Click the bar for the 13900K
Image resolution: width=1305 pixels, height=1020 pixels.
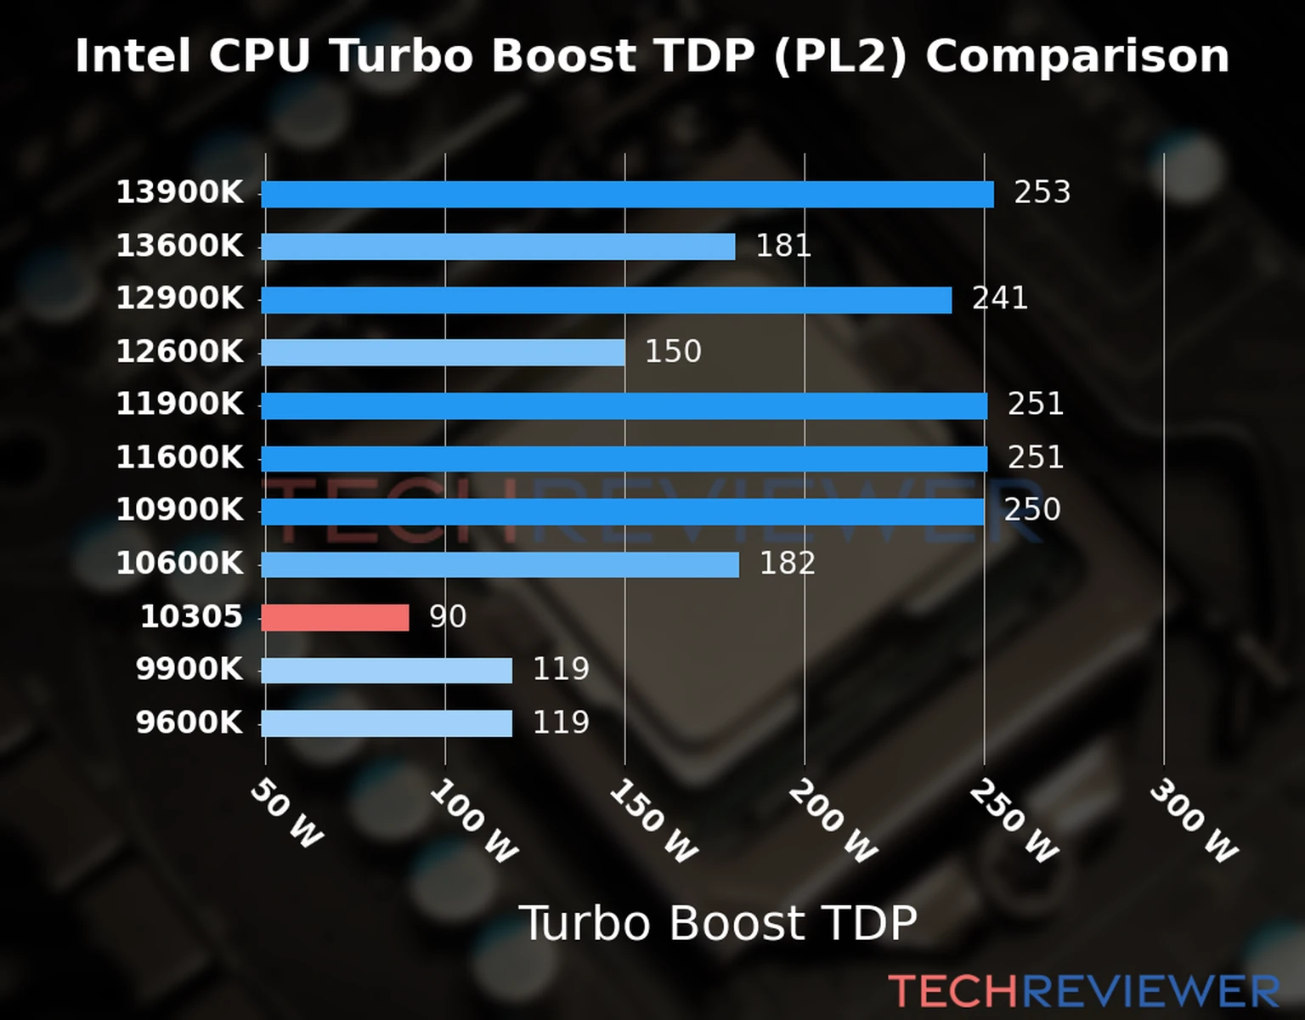click(x=627, y=194)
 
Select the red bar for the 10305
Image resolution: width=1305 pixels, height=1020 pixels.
click(x=335, y=618)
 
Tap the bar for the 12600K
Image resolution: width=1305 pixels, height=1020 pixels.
click(x=443, y=353)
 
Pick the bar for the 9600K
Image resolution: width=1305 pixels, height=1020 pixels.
click(x=387, y=723)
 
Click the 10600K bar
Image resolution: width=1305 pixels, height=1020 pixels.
click(x=500, y=564)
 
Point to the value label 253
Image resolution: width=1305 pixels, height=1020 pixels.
click(x=1042, y=192)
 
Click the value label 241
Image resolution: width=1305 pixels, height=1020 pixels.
click(x=999, y=298)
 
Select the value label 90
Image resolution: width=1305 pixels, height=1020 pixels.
click(x=447, y=616)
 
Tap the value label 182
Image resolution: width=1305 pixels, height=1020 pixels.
click(x=787, y=563)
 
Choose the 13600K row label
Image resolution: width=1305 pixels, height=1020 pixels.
click(x=179, y=246)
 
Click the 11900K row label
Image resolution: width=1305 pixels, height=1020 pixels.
click(x=179, y=404)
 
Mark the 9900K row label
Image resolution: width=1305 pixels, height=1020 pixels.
click(x=189, y=669)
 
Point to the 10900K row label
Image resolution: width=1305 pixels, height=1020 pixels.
click(x=179, y=510)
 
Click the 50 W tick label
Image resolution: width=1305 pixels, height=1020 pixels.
click(x=287, y=813)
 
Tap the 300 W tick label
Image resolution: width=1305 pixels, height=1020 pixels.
click(x=1193, y=821)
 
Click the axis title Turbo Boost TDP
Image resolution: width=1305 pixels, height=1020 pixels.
click(x=718, y=923)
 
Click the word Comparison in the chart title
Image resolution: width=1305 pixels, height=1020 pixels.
click(x=1077, y=56)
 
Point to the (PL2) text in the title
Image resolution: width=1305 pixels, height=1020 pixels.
click(x=840, y=56)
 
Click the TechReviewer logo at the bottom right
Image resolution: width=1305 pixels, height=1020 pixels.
click(x=1083, y=991)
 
